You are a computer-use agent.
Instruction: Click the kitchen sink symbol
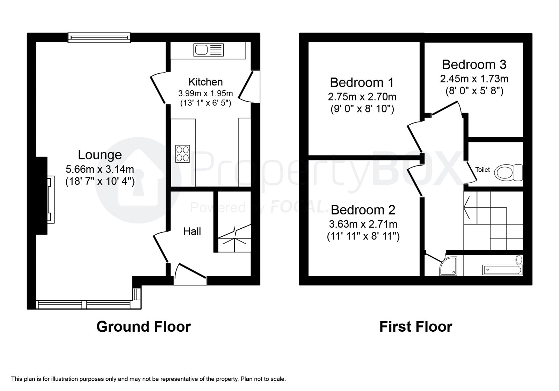click(x=208, y=50)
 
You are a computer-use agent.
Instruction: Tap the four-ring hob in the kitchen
click(x=182, y=154)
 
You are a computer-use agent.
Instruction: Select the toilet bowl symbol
click(x=508, y=172)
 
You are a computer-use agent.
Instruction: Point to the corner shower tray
click(x=448, y=266)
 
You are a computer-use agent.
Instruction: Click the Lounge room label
click(x=100, y=155)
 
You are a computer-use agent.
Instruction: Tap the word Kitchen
click(x=205, y=82)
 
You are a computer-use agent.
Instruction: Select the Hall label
click(x=192, y=231)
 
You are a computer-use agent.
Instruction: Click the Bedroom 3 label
click(x=474, y=65)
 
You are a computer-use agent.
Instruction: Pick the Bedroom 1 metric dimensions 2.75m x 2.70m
click(x=362, y=97)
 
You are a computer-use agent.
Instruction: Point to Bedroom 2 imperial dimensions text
click(x=363, y=236)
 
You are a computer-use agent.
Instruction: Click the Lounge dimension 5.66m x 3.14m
click(x=100, y=169)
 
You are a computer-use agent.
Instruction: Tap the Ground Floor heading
click(x=144, y=327)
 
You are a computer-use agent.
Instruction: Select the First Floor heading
click(x=416, y=327)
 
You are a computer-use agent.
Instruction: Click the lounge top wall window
click(x=99, y=38)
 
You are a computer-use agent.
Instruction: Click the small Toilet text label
click(x=482, y=170)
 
